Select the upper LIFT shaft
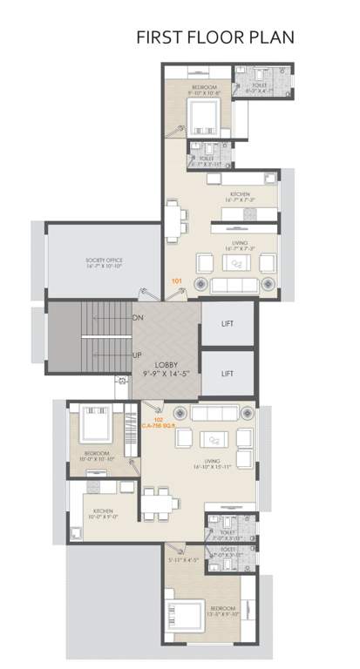pos(228,323)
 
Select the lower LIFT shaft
pos(228,373)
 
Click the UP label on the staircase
pos(137,355)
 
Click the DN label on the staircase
pos(137,319)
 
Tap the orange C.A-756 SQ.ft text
pos(160,424)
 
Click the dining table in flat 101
pos(175,216)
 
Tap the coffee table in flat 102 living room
pos(212,439)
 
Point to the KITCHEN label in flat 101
pos(240,193)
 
